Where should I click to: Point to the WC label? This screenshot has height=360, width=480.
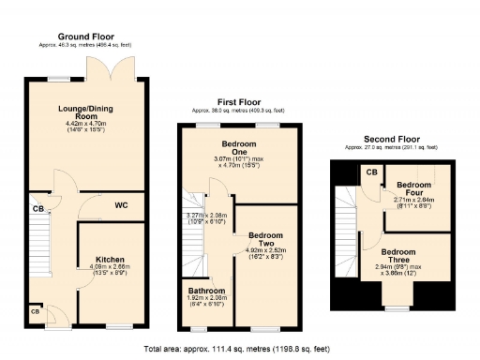(x=121, y=204)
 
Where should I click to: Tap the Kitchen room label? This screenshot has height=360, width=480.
(x=111, y=259)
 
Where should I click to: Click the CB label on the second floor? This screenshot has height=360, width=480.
(x=371, y=172)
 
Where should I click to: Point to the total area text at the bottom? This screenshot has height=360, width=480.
(x=239, y=348)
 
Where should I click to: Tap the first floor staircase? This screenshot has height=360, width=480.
(x=194, y=234)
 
